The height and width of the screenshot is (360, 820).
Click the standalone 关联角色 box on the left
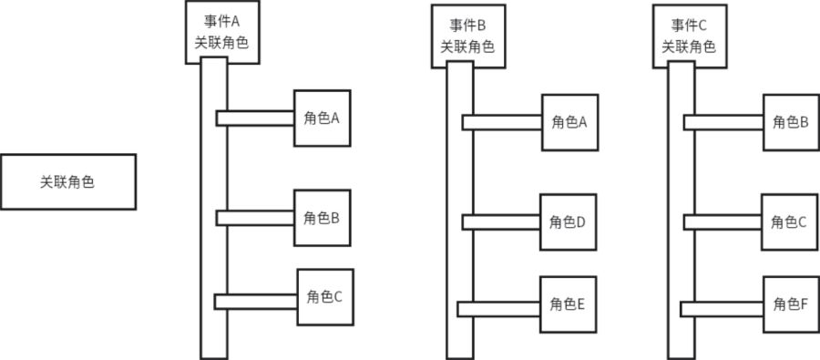point(68,181)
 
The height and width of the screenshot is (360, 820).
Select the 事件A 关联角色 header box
point(222,33)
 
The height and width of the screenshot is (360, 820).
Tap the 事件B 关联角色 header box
point(468,36)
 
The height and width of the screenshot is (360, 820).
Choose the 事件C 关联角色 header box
point(689,36)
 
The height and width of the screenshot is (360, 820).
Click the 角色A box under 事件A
point(322,118)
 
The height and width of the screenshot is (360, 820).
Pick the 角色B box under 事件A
point(322,218)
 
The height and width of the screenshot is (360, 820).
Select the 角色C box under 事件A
point(324,296)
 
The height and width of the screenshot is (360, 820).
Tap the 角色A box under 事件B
point(569,122)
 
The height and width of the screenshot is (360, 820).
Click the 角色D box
point(568,221)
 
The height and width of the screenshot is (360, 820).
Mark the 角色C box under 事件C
point(789,221)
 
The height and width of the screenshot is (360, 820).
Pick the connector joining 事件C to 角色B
point(723,122)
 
